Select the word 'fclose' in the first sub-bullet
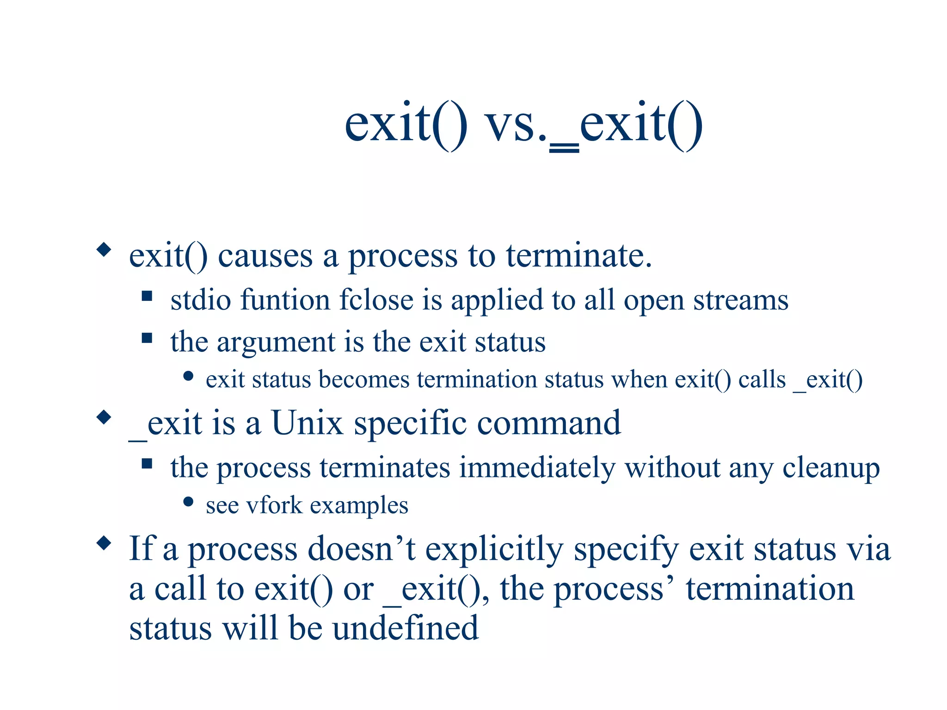pyautogui.click(x=376, y=300)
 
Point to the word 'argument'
pyautogui.click(x=276, y=343)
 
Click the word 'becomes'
pyautogui.click(x=363, y=380)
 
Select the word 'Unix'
pyautogui.click(x=307, y=423)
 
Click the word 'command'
pyautogui.click(x=548, y=423)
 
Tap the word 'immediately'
pyautogui.click(x=537, y=468)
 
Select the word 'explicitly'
pyautogui.click(x=494, y=550)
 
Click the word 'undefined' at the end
pyautogui.click(x=405, y=629)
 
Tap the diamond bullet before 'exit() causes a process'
pyautogui.click(x=104, y=250)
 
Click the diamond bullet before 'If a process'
pyautogui.click(x=104, y=543)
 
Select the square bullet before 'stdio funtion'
pyautogui.click(x=147, y=296)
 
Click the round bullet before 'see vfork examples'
pyautogui.click(x=188, y=502)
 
